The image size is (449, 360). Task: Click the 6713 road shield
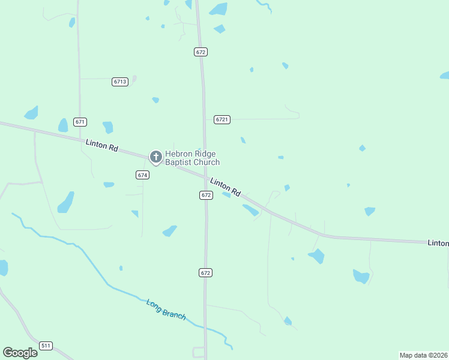tap(120, 82)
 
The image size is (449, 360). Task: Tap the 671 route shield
tap(80, 122)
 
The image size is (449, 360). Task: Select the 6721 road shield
tap(222, 119)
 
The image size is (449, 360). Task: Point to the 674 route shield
tap(142, 175)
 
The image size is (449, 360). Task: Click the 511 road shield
tap(46, 346)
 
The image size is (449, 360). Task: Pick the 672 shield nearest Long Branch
tap(206, 272)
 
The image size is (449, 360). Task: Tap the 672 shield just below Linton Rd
tap(206, 195)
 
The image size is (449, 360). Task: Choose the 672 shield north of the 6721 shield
tap(201, 52)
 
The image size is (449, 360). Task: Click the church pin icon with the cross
tap(155, 158)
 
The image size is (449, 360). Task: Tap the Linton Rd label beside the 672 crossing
tap(225, 187)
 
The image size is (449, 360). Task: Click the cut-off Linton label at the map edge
tap(438, 243)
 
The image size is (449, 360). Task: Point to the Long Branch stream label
tap(166, 309)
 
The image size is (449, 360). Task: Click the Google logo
tap(20, 352)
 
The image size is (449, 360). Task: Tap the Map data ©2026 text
tap(423, 355)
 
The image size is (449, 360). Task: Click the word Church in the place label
tap(207, 163)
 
